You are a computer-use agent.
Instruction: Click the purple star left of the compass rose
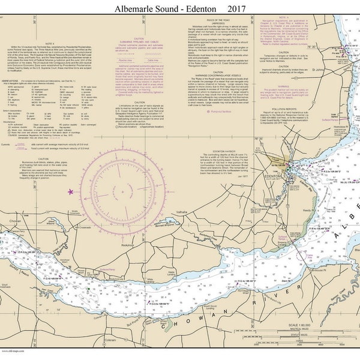[71, 208]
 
